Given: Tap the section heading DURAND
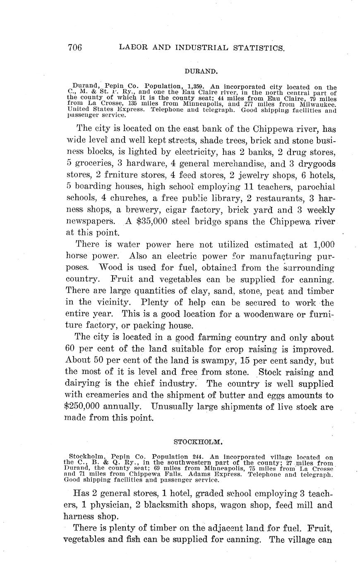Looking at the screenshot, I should [202, 71].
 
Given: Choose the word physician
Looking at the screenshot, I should [107, 505].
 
